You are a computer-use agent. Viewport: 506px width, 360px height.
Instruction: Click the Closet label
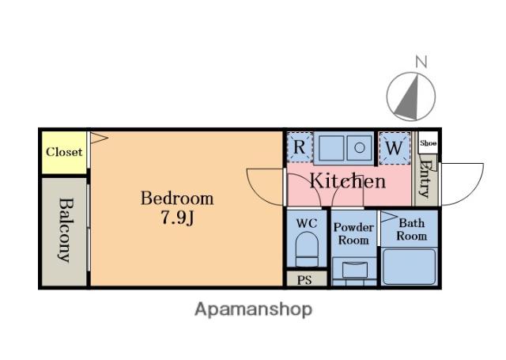click(64, 152)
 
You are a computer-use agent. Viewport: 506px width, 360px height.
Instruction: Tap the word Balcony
click(66, 230)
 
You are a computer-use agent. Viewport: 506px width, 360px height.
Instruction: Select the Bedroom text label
click(177, 198)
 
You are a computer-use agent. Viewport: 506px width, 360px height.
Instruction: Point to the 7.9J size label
click(177, 218)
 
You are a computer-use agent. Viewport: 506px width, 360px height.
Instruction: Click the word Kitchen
click(348, 181)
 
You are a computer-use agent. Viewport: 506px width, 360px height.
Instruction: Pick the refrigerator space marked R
click(300, 147)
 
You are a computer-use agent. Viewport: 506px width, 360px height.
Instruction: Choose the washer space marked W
click(394, 148)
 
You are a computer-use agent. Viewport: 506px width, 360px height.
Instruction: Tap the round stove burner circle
click(360, 148)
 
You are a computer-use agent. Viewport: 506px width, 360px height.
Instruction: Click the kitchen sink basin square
click(331, 148)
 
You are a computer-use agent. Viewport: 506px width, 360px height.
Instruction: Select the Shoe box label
click(429, 143)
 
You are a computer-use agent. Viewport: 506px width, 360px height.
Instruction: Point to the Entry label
click(425, 178)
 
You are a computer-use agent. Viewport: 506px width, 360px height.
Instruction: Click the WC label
click(307, 223)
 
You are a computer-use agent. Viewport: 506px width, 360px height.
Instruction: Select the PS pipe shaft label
click(304, 280)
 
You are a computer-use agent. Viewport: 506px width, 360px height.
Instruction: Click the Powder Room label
click(353, 233)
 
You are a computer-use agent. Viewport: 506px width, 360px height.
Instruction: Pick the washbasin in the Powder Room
click(354, 270)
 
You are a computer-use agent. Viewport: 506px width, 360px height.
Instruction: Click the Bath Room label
click(411, 229)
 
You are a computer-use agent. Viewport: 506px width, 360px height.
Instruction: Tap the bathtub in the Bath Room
click(410, 267)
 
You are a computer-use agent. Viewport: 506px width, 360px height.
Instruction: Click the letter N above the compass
click(421, 62)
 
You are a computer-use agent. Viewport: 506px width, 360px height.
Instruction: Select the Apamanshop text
click(253, 309)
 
